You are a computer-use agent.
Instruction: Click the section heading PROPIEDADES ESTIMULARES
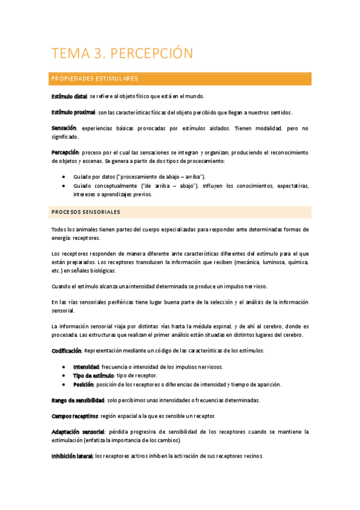click(x=95, y=79)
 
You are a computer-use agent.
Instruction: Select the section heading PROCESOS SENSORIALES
click(x=86, y=212)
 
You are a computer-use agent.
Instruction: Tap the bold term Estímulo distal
click(x=69, y=96)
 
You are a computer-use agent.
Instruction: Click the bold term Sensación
click(x=64, y=129)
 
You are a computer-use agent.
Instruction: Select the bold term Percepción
click(x=65, y=153)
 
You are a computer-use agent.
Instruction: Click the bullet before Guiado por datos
click(x=64, y=177)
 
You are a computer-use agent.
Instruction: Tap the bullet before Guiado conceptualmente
click(x=64, y=186)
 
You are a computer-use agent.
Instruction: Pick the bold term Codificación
click(x=66, y=350)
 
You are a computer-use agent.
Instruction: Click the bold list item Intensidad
click(x=86, y=366)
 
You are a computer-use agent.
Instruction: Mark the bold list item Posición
click(x=84, y=384)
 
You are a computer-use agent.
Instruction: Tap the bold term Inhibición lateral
click(x=72, y=456)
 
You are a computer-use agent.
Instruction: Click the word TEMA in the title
click(x=70, y=54)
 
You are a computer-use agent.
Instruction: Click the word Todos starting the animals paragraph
click(x=59, y=230)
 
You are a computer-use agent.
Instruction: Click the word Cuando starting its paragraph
click(x=61, y=286)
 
